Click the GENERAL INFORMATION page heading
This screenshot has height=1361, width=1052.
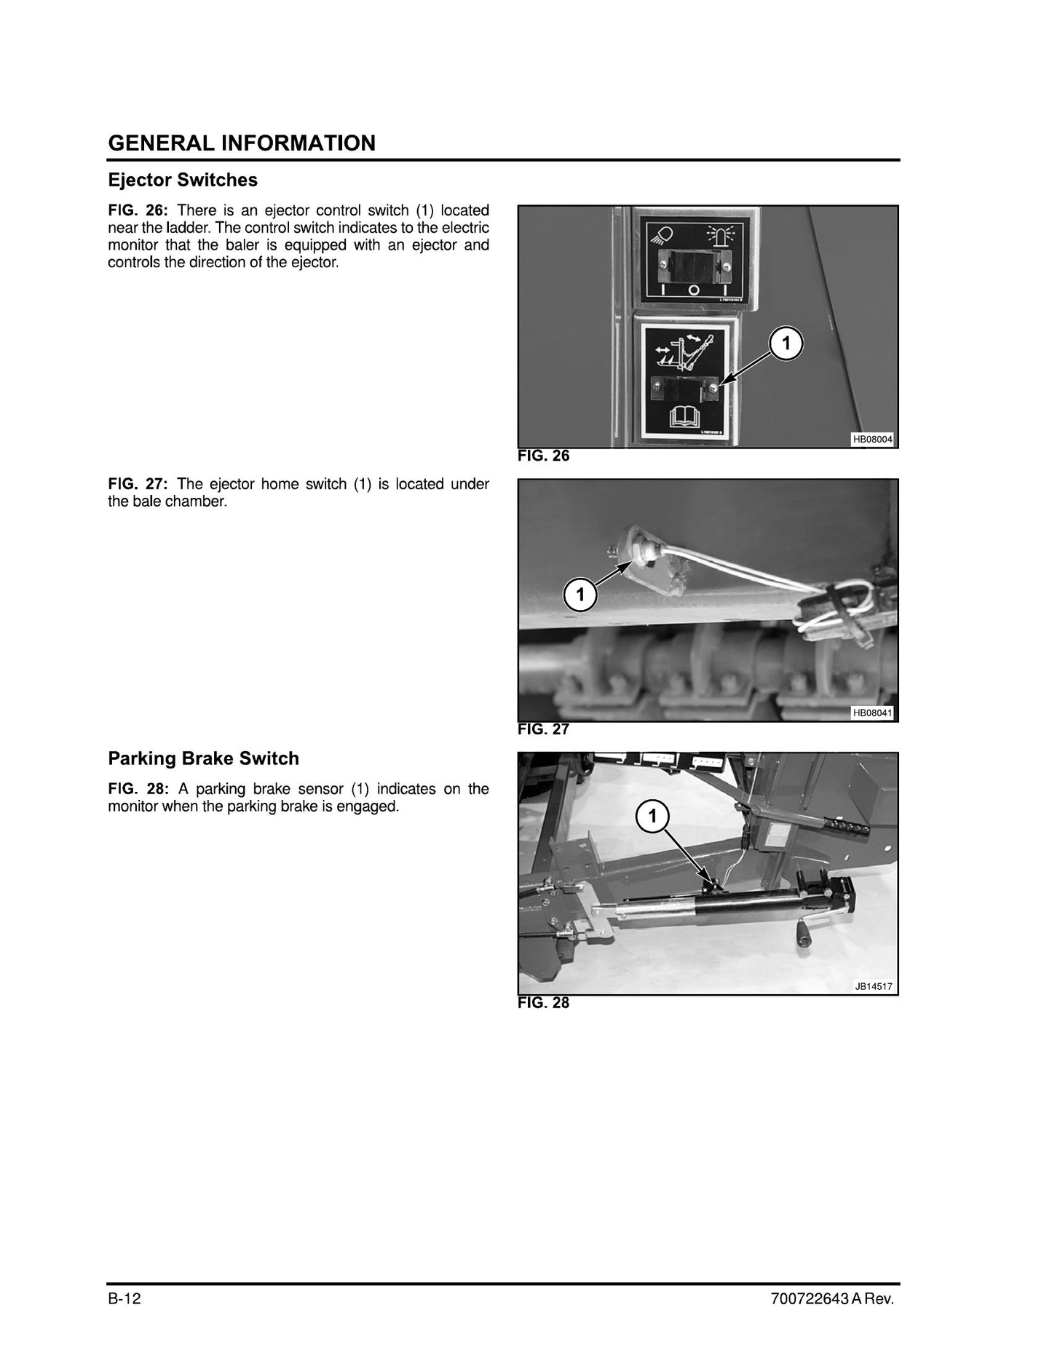[x=242, y=143]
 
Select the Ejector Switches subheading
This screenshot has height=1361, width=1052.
[x=183, y=180]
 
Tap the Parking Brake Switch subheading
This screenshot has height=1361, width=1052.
[x=204, y=758]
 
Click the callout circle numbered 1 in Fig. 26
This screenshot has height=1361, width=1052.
[x=786, y=344]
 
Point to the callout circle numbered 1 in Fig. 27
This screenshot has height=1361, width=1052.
[x=580, y=595]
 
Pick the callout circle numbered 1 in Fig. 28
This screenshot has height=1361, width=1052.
[x=652, y=817]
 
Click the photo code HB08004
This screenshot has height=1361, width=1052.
[x=872, y=440]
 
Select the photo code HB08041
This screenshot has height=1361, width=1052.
[x=872, y=713]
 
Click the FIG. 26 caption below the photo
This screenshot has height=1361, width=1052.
[x=543, y=456]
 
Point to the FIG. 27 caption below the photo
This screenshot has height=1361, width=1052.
[x=543, y=729]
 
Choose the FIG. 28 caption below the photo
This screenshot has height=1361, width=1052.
[x=543, y=1003]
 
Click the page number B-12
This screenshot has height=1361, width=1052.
[x=124, y=1299]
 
